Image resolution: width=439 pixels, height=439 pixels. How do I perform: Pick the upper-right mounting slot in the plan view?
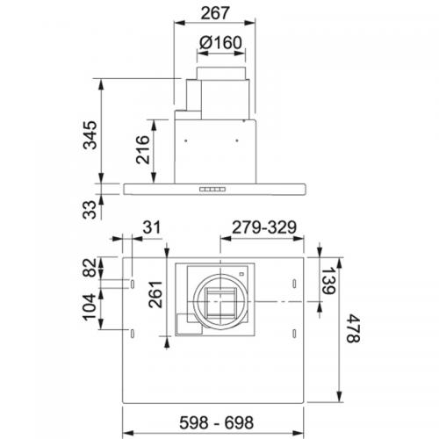tap(293, 284)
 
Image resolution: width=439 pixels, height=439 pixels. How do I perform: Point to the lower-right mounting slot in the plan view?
tap(293, 332)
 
